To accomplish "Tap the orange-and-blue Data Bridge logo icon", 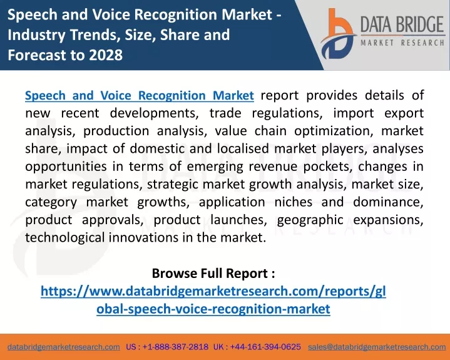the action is click(x=338, y=34).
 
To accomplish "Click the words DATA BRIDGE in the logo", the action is click(x=402, y=24).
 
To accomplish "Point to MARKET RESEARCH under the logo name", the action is click(x=402, y=43).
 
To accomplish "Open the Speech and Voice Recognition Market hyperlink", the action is click(x=140, y=96).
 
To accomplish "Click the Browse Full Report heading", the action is click(x=213, y=273).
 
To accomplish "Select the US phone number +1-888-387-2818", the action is click(x=175, y=347).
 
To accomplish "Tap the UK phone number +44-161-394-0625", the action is click(x=265, y=347).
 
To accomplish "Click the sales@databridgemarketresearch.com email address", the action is click(x=377, y=347).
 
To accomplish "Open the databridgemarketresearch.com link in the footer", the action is click(x=64, y=347).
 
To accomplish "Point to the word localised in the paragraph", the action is click(x=243, y=149).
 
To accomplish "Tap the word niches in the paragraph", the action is click(x=294, y=202).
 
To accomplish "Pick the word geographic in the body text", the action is click(x=310, y=220).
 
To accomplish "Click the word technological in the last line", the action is click(x=65, y=238).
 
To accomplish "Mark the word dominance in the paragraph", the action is click(x=388, y=202).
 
